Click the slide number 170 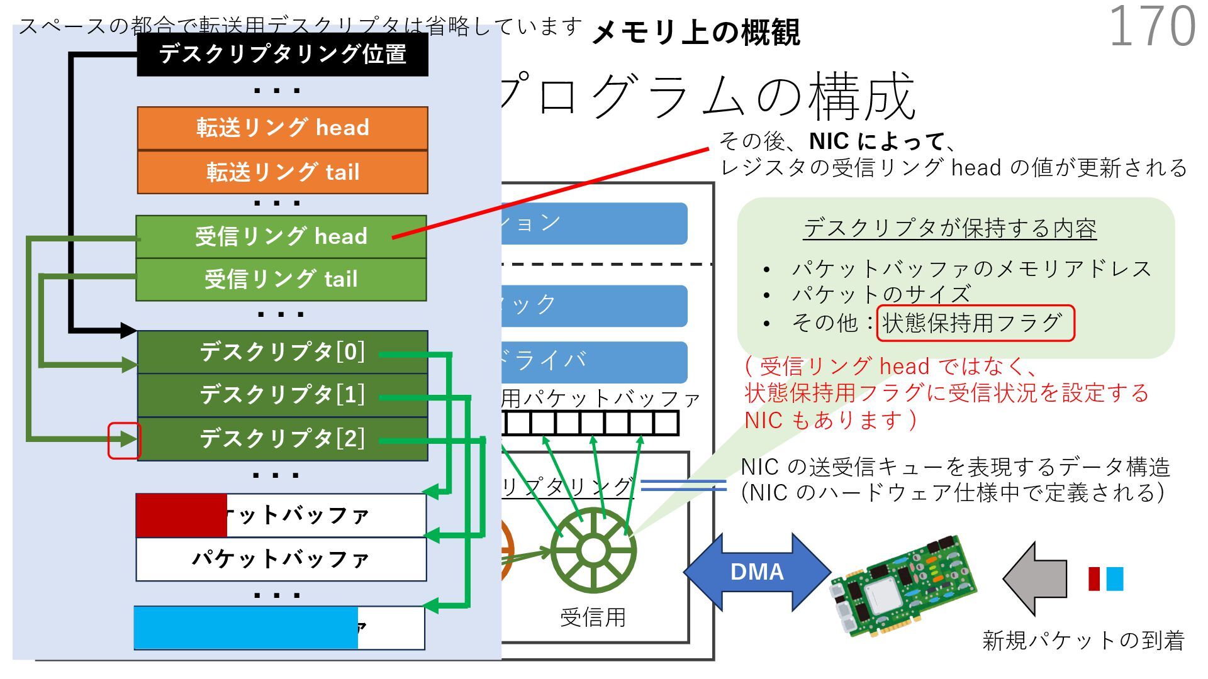[x=1151, y=26]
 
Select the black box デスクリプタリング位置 [x=282, y=54]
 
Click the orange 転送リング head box [x=282, y=128]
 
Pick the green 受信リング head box [x=281, y=236]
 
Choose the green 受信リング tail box [x=281, y=279]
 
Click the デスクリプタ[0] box [x=282, y=352]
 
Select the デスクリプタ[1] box [x=282, y=395]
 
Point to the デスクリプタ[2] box [x=282, y=439]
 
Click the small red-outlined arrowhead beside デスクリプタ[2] [x=125, y=440]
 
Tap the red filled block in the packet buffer [x=181, y=516]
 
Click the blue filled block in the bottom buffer [x=246, y=627]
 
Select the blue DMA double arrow [x=757, y=571]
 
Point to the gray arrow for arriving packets [x=1035, y=578]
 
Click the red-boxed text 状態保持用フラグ [x=975, y=323]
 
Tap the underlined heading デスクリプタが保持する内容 [x=950, y=228]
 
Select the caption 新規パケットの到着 [x=1083, y=641]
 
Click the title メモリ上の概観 [x=696, y=33]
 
